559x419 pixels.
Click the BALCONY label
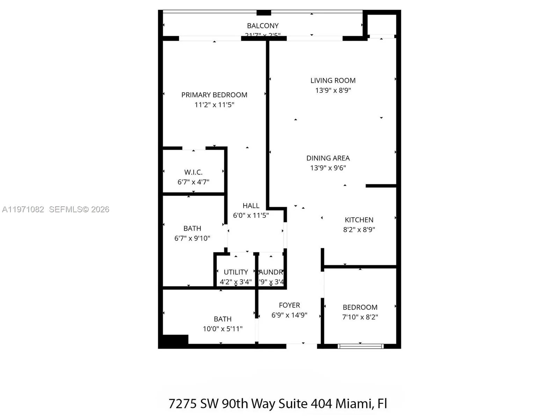click(263, 26)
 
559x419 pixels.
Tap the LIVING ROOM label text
click(333, 81)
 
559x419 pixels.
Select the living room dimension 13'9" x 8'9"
click(333, 90)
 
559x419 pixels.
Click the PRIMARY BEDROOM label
click(214, 95)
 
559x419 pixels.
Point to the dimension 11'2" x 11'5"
click(214, 105)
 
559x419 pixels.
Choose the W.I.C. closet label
click(193, 172)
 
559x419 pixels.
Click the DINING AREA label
click(328, 158)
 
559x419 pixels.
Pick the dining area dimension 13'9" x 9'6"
click(328, 168)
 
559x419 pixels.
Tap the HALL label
click(251, 206)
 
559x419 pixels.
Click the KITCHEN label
click(359, 220)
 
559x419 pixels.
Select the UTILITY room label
click(236, 272)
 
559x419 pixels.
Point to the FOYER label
click(289, 305)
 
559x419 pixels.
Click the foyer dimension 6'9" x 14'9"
click(289, 315)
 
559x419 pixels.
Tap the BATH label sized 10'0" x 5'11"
click(223, 319)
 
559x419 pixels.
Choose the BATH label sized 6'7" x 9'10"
click(192, 228)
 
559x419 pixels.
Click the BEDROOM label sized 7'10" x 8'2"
click(360, 307)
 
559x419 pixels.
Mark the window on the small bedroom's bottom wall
click(361, 346)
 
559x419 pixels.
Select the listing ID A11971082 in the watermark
click(23, 209)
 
